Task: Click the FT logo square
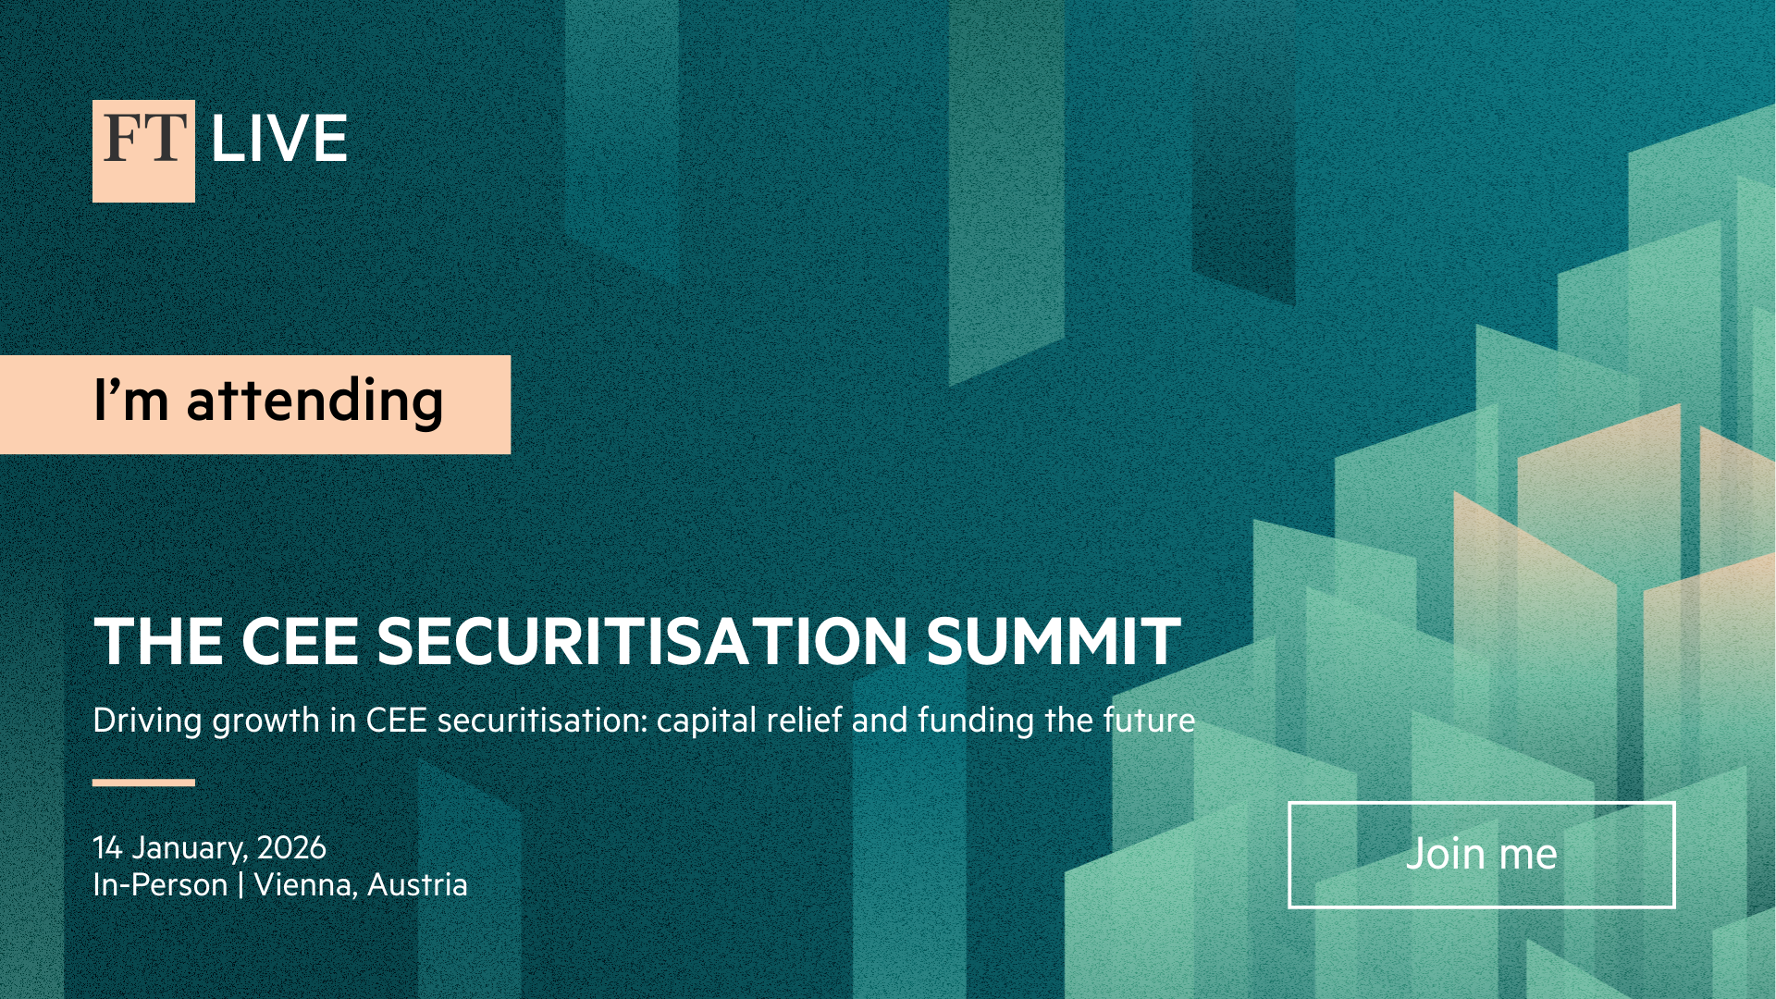pyautogui.click(x=143, y=151)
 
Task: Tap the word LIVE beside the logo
pyautogui.click(x=279, y=139)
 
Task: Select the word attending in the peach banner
pyautogui.click(x=315, y=401)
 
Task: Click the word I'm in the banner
pyautogui.click(x=131, y=400)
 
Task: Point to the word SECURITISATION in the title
pyautogui.click(x=642, y=641)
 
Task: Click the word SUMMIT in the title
pyautogui.click(x=1054, y=641)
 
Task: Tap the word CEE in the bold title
pyautogui.click(x=300, y=641)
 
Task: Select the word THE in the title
pyautogui.click(x=158, y=641)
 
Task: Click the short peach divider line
pyautogui.click(x=143, y=783)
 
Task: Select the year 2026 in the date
pyautogui.click(x=291, y=847)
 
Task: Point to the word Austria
pyautogui.click(x=417, y=885)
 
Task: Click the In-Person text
pyautogui.click(x=160, y=885)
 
